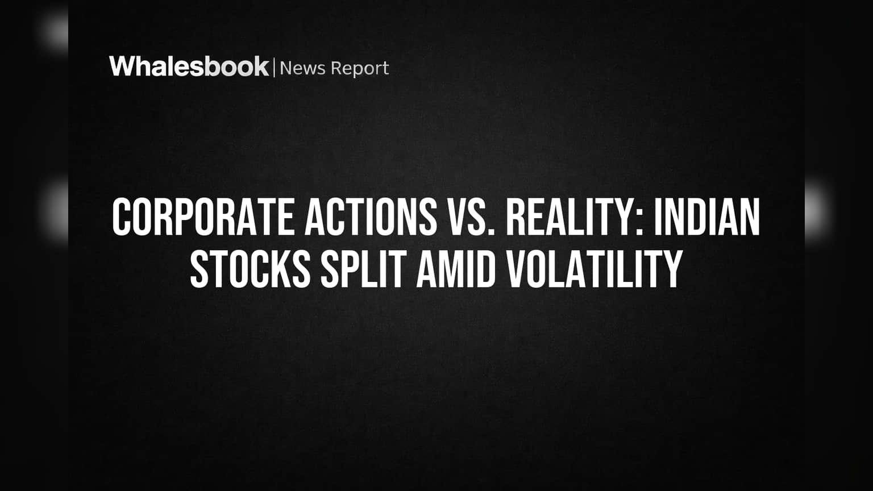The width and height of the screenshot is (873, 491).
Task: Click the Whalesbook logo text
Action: tap(189, 66)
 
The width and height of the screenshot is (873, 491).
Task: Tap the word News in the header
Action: tap(302, 68)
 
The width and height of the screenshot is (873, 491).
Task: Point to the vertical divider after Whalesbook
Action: tap(275, 67)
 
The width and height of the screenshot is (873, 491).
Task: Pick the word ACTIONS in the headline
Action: tap(371, 217)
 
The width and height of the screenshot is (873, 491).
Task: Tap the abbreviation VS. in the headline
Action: tap(471, 217)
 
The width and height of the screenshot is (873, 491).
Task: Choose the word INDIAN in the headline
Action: tap(707, 217)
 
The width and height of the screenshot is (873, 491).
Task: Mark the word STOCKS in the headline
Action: tap(250, 269)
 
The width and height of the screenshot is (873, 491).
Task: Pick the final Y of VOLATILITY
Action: tap(673, 269)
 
